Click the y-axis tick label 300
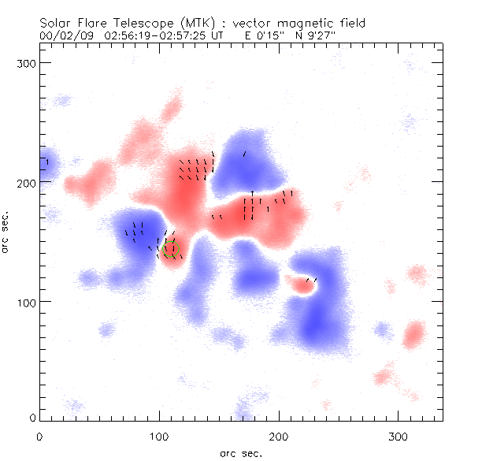pos(28,62)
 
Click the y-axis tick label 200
pos(28,182)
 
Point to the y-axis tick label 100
pos(28,302)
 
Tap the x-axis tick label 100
pos(160,436)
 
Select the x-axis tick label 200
pos(280,436)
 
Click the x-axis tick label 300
pos(399,436)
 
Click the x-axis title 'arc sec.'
pos(241,452)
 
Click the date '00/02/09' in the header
pos(65,35)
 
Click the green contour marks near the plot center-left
pos(170,249)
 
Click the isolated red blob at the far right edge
pos(413,336)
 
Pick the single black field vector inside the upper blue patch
pos(244,154)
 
